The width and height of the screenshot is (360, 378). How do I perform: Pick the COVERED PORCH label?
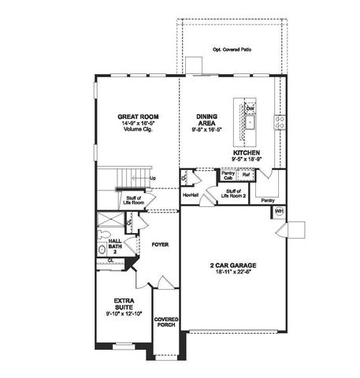click(166, 322)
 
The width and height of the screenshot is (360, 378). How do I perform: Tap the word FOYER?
click(161, 244)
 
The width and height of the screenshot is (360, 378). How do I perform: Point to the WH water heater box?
click(279, 212)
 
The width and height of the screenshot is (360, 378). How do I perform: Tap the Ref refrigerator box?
click(246, 176)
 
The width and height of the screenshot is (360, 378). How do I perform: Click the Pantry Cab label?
click(228, 176)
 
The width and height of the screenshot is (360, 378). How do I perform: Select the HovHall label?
click(190, 195)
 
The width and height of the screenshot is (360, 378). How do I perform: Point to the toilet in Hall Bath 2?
click(102, 250)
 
